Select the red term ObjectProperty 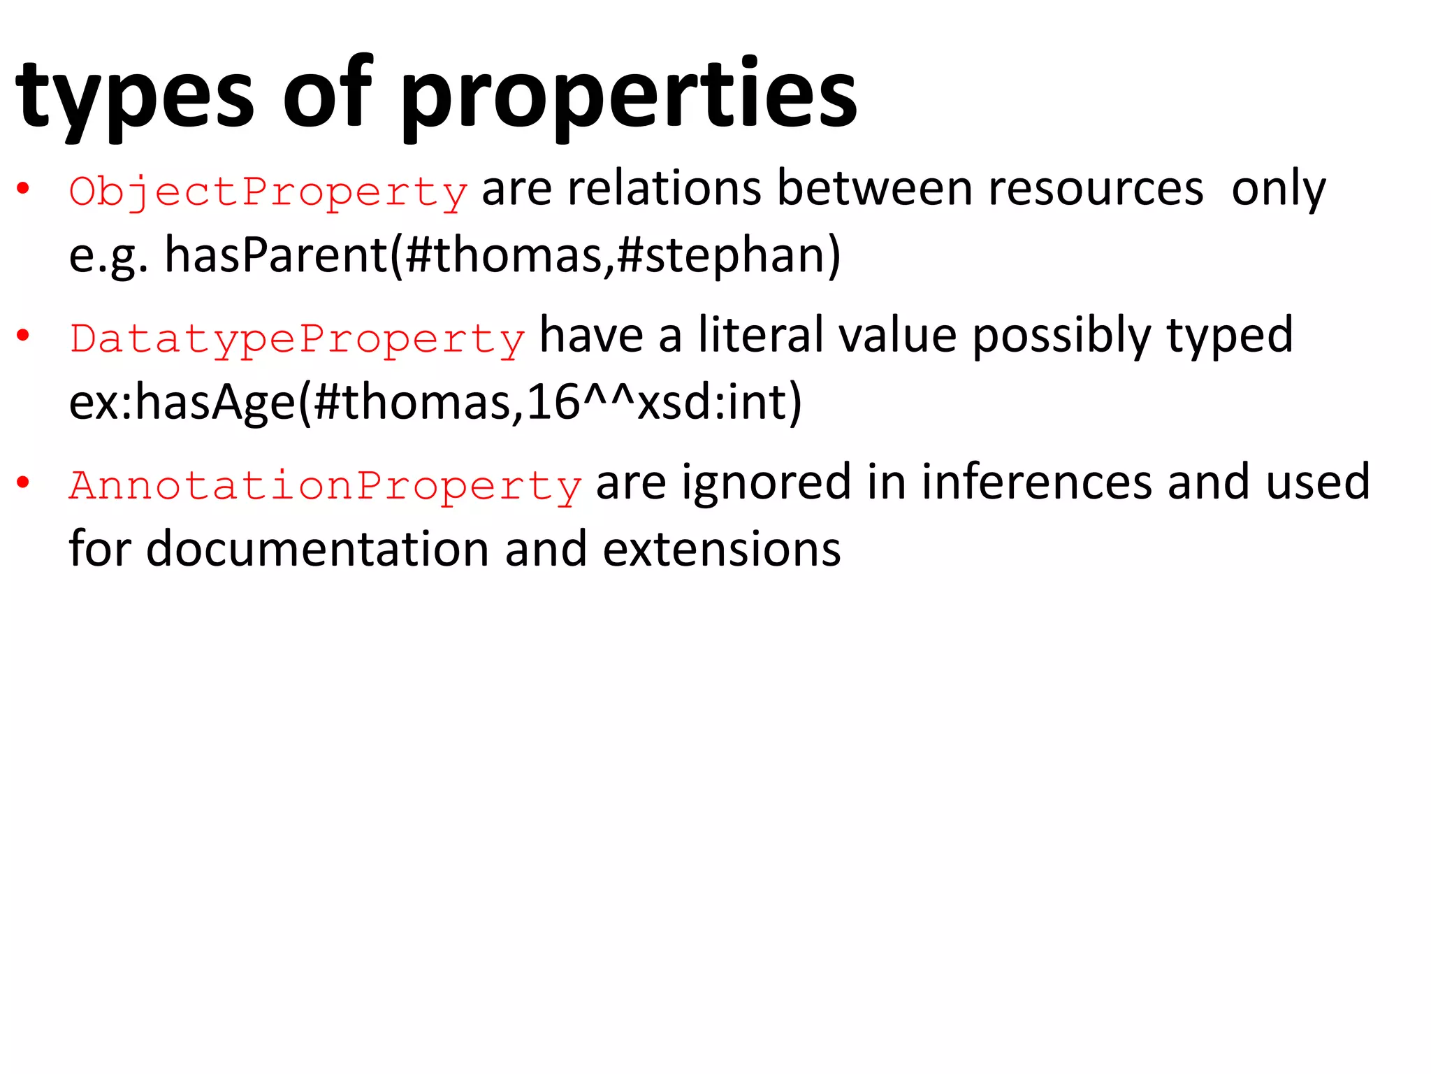tap(268, 191)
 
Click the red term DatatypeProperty tap(297, 338)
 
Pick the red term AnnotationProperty tap(326, 485)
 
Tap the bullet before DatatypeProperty tap(23, 336)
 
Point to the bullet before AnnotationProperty tap(23, 483)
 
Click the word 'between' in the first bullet tap(874, 189)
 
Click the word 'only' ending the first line tap(1278, 189)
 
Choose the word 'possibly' tap(1061, 336)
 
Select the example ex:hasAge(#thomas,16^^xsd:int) tap(435, 403)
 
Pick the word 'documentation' tap(318, 549)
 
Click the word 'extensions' tap(721, 549)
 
